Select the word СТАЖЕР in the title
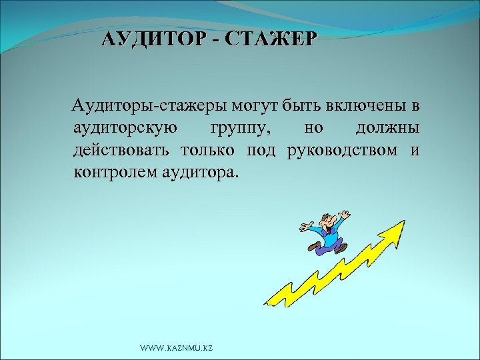[x=269, y=39]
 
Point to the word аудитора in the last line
[x=198, y=173]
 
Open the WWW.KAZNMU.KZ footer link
[x=177, y=349]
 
